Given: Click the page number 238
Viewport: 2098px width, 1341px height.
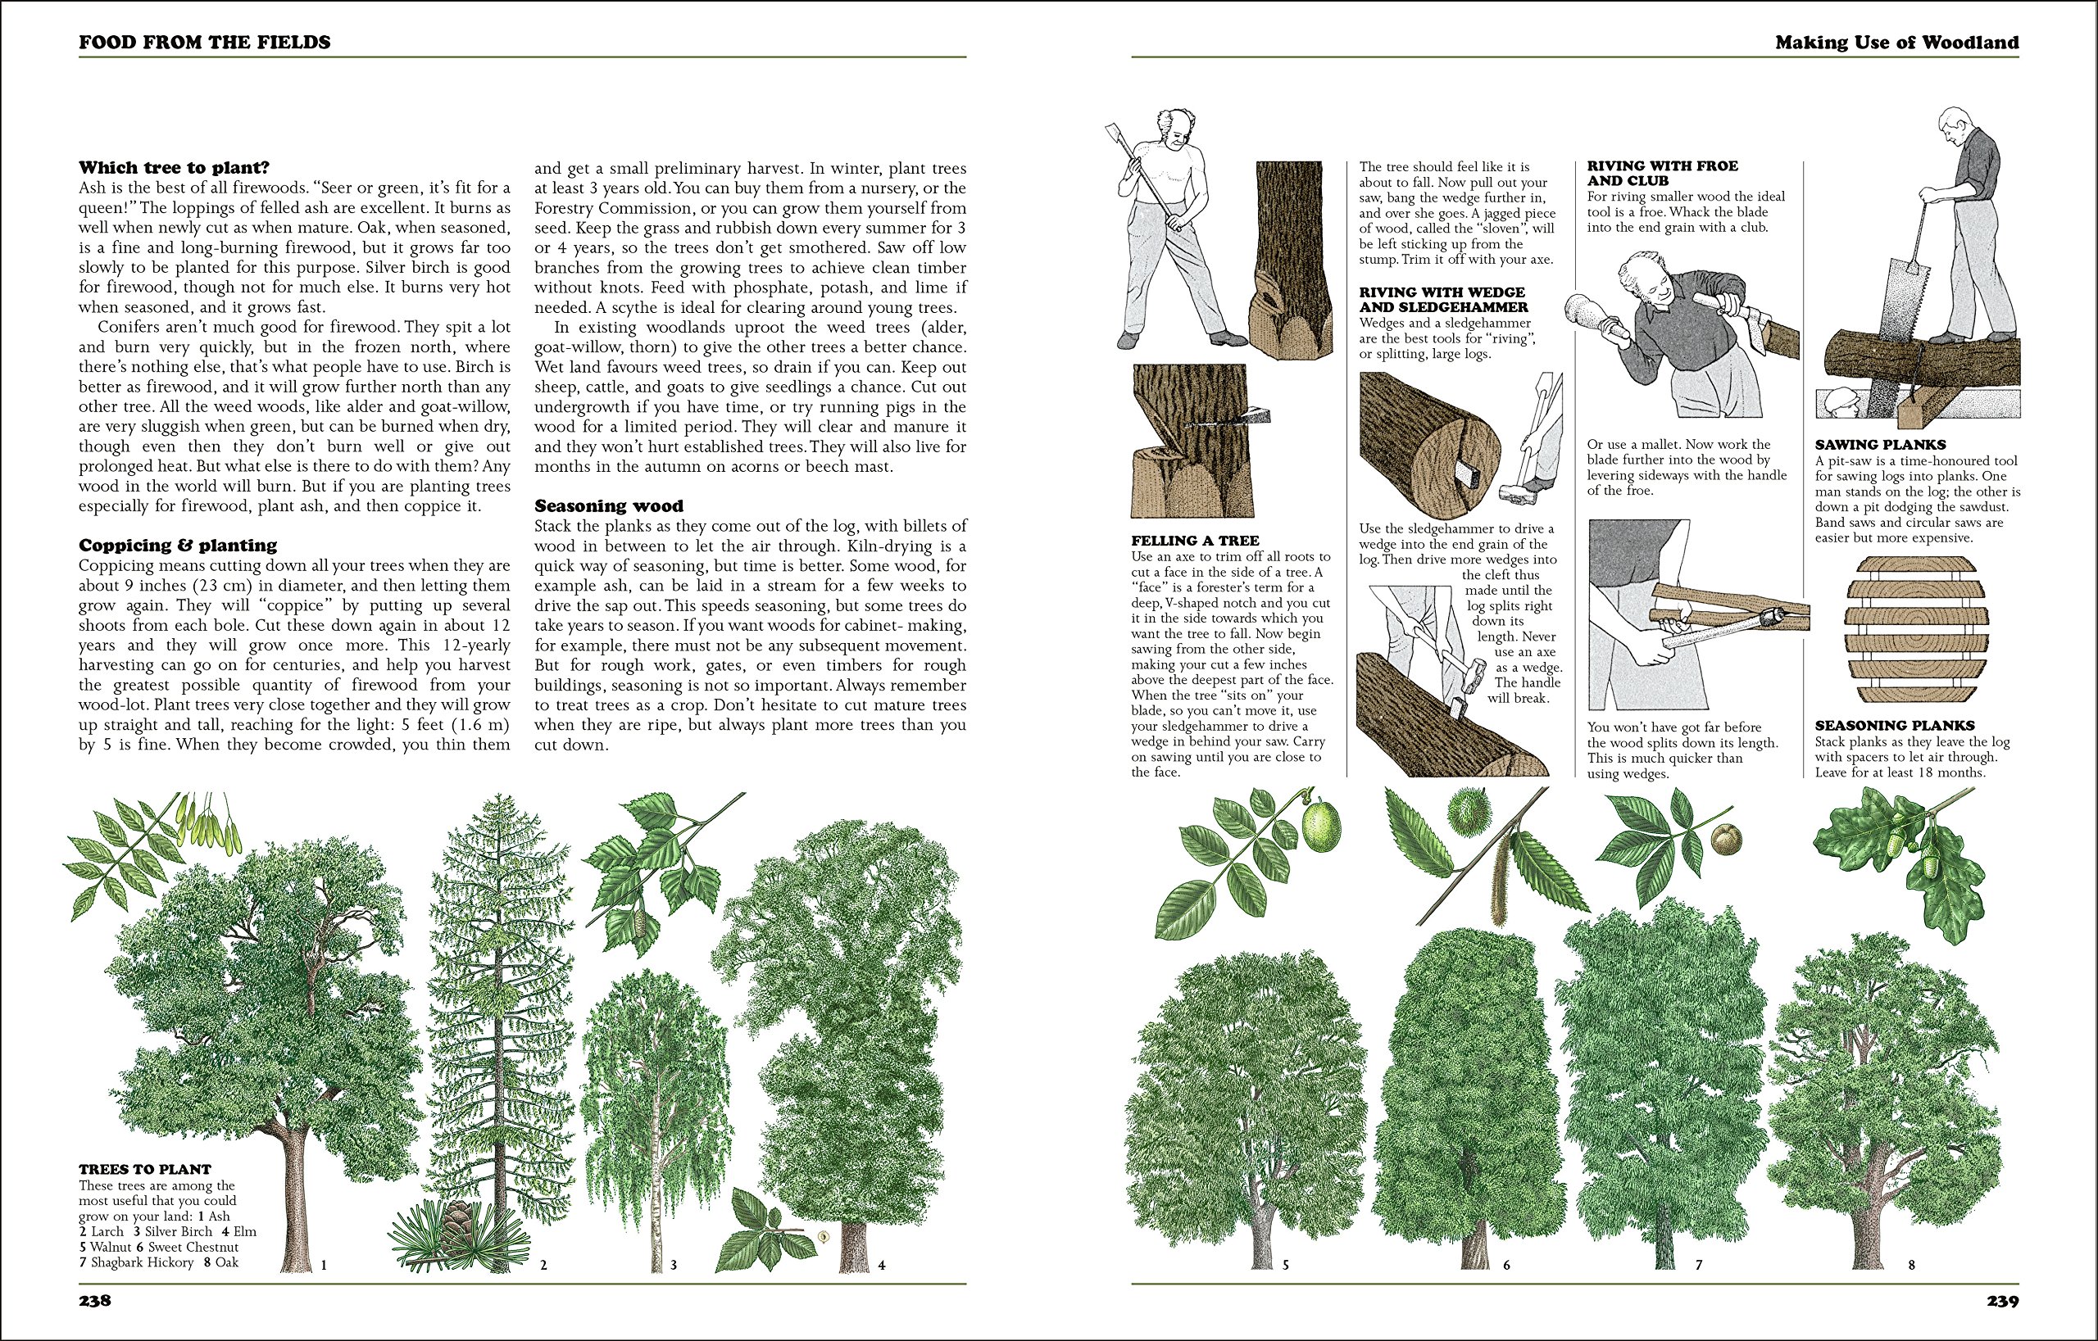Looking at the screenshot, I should (x=95, y=1301).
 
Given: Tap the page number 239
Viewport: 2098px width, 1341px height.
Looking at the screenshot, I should (x=2002, y=1302).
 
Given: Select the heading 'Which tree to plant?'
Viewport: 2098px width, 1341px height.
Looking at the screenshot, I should (x=175, y=167).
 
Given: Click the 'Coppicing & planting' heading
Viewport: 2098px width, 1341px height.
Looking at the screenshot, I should (x=178, y=545).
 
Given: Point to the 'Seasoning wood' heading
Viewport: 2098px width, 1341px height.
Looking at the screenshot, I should (x=609, y=506).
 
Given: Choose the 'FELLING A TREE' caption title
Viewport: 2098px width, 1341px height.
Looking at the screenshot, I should (x=1195, y=541).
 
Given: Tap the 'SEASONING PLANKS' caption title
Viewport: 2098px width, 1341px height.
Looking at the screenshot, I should (x=1894, y=725).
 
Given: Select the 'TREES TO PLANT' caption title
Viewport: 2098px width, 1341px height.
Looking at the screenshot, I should (x=144, y=1170).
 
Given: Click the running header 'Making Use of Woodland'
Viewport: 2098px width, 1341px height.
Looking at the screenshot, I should (x=1896, y=42).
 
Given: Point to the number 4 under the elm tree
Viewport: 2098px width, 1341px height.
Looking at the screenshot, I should (x=882, y=1266).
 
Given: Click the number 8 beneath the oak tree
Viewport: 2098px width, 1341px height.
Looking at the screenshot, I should (x=1911, y=1266).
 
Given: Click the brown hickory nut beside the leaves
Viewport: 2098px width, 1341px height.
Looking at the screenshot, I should (x=1726, y=840).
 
